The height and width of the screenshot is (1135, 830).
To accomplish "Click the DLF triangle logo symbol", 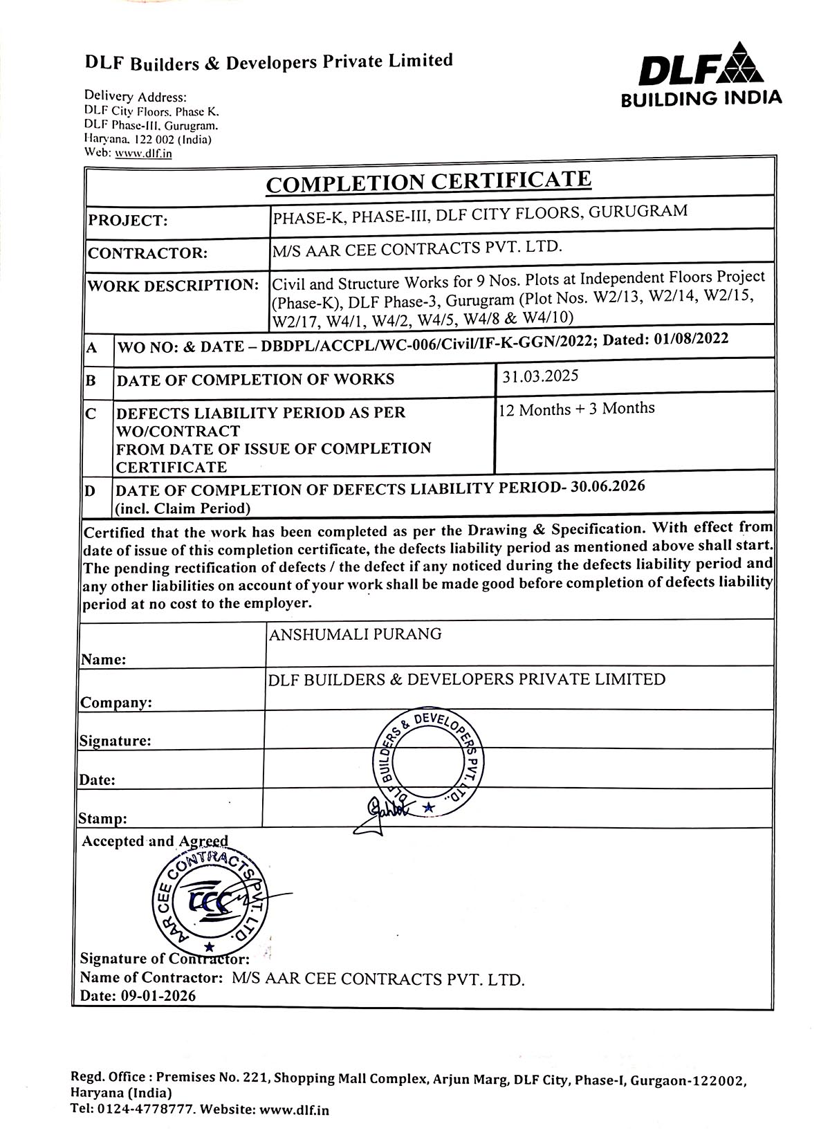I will click(741, 63).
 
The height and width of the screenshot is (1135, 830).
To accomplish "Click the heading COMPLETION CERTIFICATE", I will click(429, 182).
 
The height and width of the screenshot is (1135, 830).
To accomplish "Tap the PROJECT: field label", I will click(128, 221).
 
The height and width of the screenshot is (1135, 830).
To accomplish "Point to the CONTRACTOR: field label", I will click(147, 253).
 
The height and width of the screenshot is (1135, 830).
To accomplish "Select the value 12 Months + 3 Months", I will click(577, 409).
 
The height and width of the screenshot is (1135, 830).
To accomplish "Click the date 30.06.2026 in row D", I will click(609, 486).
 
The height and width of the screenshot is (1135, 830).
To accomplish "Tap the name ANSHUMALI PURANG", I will click(355, 634).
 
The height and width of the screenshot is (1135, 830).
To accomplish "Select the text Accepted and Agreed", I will click(155, 842).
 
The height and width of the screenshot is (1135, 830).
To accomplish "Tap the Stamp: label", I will click(103, 819).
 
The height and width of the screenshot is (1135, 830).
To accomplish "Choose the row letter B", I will click(91, 380).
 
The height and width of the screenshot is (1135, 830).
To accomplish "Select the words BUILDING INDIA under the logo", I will click(701, 98).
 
